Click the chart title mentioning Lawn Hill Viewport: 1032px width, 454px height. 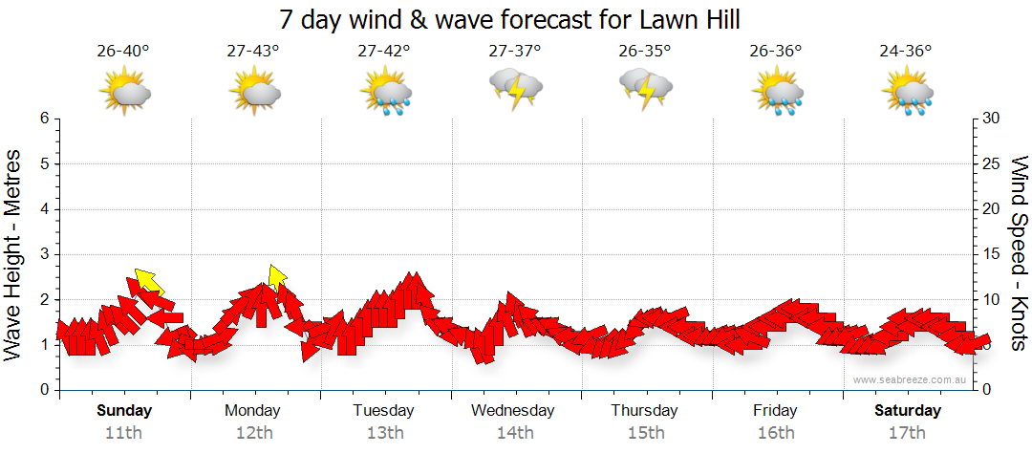510,19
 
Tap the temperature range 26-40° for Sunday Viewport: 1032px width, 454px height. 123,52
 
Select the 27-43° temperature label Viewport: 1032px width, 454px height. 253,52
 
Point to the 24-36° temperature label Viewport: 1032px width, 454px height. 906,52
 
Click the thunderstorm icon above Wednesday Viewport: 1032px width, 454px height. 516,88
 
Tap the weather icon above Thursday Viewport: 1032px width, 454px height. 646,88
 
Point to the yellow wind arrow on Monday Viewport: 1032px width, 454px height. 277,277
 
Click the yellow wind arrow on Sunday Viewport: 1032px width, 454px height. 148,281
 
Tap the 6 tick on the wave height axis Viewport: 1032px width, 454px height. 43,119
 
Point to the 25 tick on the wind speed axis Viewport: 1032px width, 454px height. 993,163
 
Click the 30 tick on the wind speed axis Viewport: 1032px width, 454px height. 993,119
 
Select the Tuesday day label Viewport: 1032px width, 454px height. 383,411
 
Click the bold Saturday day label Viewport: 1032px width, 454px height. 908,411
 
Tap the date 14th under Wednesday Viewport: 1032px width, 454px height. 515,432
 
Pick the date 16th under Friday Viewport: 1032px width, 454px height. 776,432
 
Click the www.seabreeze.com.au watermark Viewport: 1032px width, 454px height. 911,379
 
